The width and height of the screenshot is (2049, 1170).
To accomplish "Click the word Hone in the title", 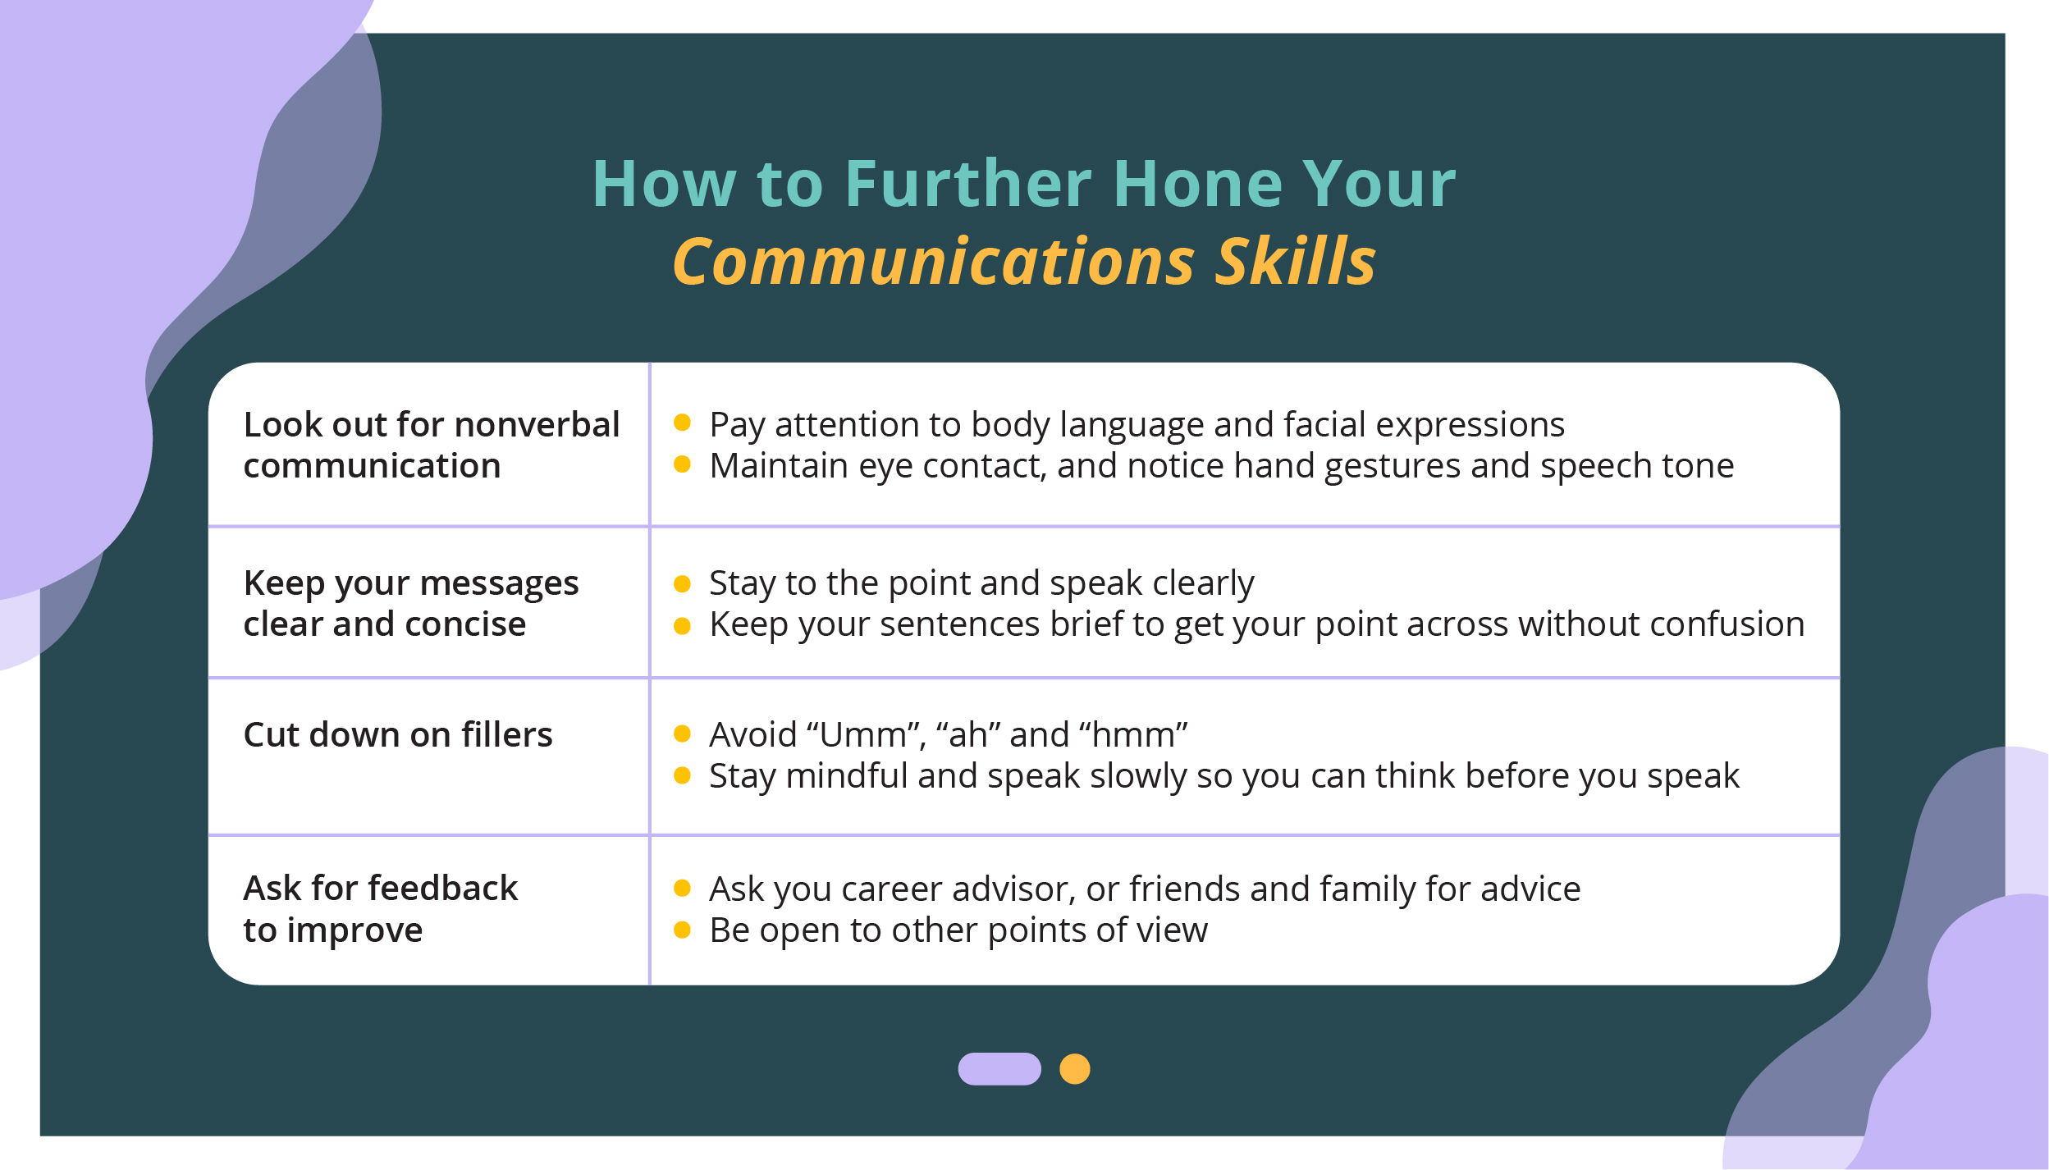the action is (x=1198, y=184).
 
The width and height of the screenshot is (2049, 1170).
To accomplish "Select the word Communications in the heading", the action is (x=934, y=262).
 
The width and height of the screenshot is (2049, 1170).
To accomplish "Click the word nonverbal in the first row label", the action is (x=537, y=424).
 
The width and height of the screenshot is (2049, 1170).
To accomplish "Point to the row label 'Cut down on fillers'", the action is (x=398, y=734).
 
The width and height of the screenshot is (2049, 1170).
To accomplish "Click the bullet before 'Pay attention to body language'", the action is (x=682, y=423).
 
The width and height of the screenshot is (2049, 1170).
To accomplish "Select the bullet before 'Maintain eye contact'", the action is (x=682, y=464).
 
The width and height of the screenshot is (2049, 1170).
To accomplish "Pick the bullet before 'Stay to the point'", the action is (x=682, y=583).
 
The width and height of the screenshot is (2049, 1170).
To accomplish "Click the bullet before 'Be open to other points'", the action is (x=682, y=930).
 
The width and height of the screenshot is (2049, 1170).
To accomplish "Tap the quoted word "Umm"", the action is (x=867, y=734).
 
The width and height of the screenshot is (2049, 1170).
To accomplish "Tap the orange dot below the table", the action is (x=1075, y=1069).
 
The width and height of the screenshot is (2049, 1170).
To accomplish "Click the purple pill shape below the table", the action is (x=999, y=1069).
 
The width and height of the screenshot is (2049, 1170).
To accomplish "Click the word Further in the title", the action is (x=968, y=184).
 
